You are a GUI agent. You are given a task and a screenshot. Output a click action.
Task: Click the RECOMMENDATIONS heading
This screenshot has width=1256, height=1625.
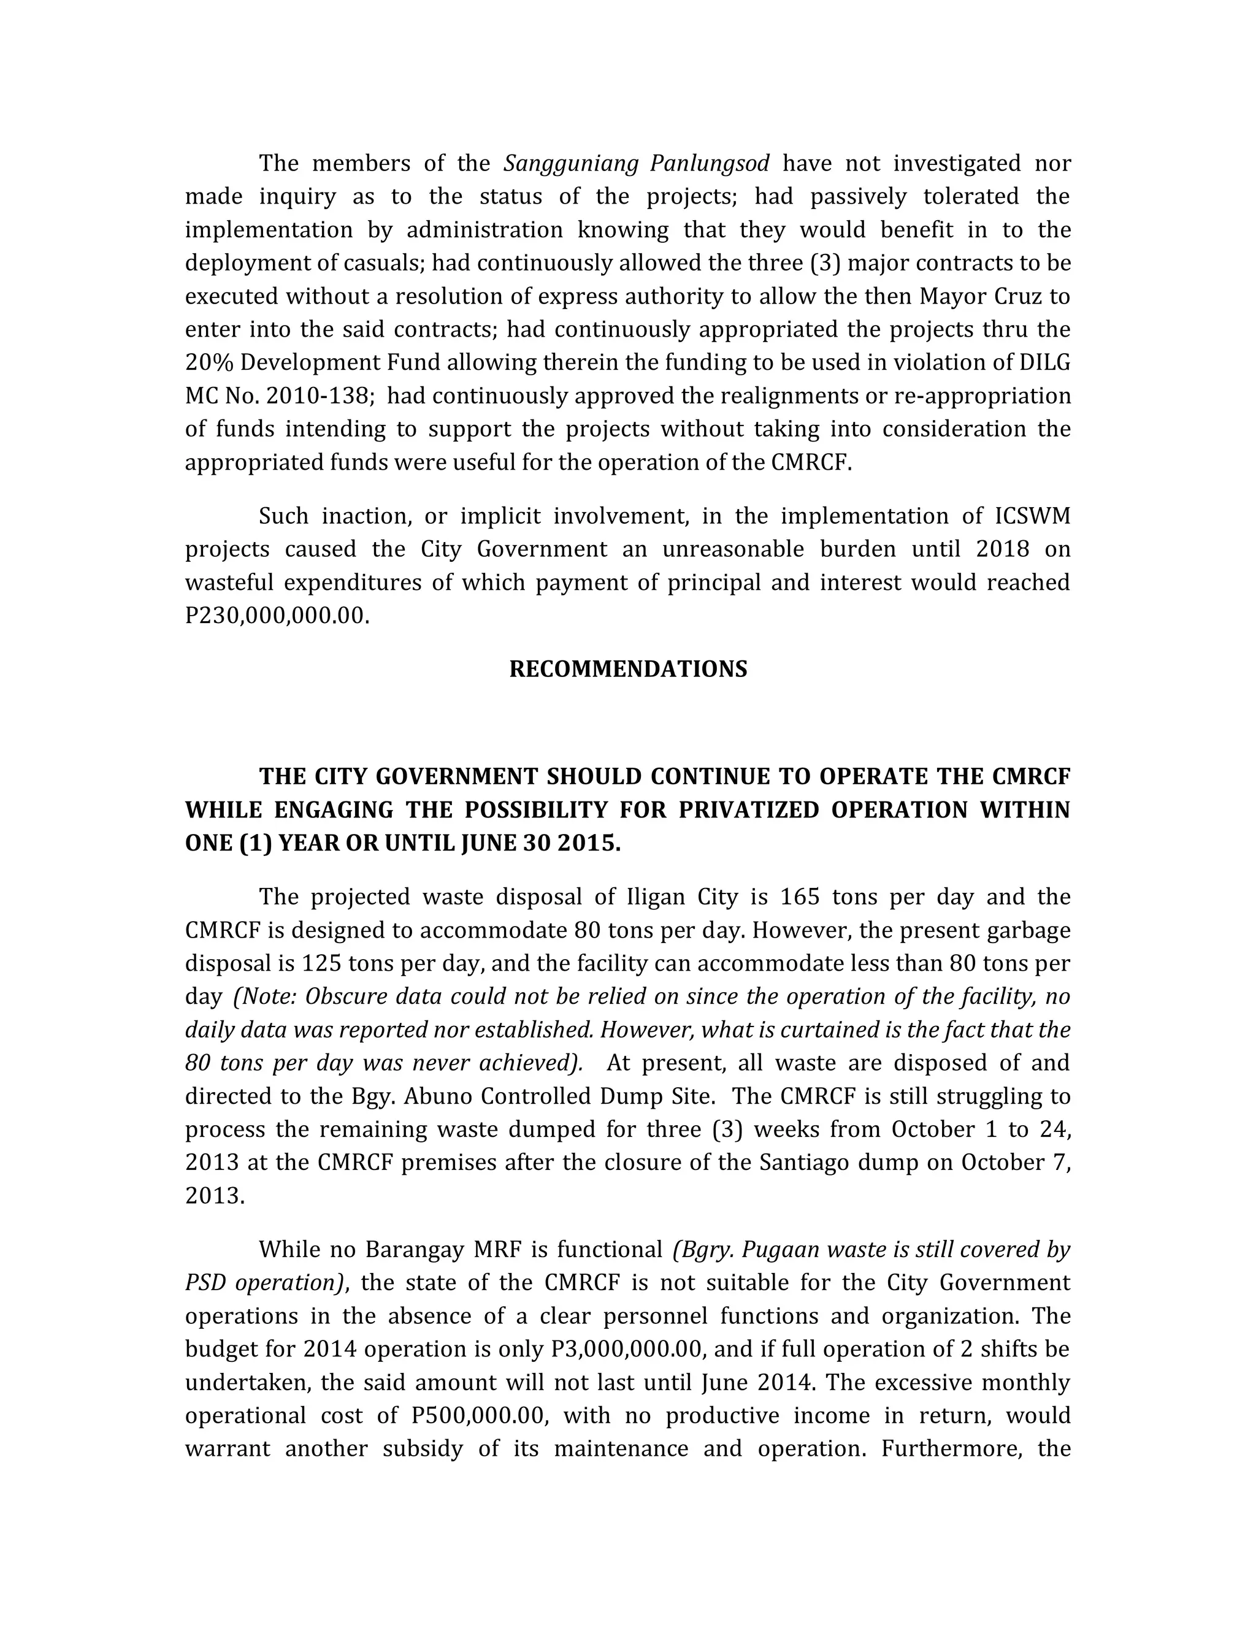coord(628,669)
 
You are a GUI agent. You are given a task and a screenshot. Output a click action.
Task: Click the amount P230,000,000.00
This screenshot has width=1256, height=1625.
coord(277,615)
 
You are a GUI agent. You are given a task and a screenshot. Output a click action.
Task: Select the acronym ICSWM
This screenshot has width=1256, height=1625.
coord(1032,516)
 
